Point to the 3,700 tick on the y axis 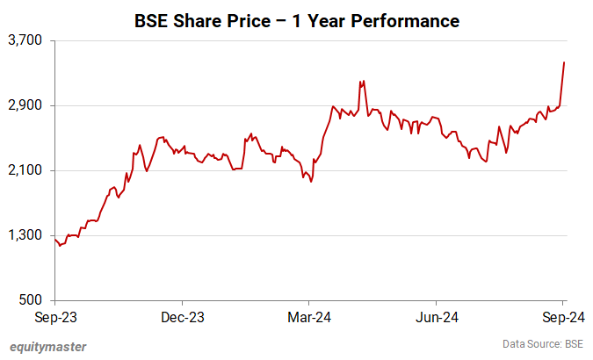point(28,40)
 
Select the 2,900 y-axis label point(28,105)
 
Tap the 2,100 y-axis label point(28,170)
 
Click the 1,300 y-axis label point(28,235)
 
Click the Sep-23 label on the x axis point(54,316)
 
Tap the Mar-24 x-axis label point(310,316)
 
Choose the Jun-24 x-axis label point(437,316)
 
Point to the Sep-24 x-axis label point(562,316)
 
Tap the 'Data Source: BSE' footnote point(543,343)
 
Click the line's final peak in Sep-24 point(563,62)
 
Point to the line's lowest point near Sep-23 point(60,245)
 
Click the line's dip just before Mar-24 point(311,182)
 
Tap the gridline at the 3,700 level point(307,40)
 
